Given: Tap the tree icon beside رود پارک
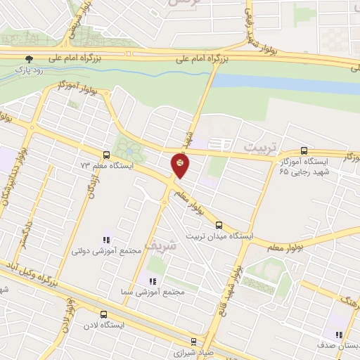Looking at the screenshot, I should coord(29,60).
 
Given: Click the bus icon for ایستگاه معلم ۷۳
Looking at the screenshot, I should coord(106,155).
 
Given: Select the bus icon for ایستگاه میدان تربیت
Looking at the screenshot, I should coord(219,225).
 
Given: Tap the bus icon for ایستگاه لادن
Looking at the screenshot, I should coord(104,315).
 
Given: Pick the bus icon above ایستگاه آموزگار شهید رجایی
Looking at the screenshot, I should coord(304,150).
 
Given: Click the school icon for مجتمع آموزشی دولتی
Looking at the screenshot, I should coord(107,239).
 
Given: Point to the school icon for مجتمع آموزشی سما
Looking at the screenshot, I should coord(153,281).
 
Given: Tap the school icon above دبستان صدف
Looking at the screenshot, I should coord(339,335).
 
